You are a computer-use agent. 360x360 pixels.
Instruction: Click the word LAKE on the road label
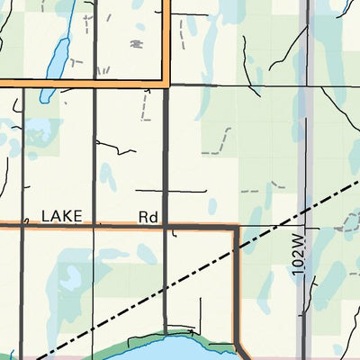(62, 217)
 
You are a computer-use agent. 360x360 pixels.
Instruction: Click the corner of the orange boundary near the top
(166, 83)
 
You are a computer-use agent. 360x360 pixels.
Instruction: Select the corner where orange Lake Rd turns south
(236, 228)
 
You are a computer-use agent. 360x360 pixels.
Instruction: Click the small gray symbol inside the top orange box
(137, 42)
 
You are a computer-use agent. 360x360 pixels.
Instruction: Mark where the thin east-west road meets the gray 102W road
(309, 87)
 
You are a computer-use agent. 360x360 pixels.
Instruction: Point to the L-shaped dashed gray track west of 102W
(256, 192)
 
